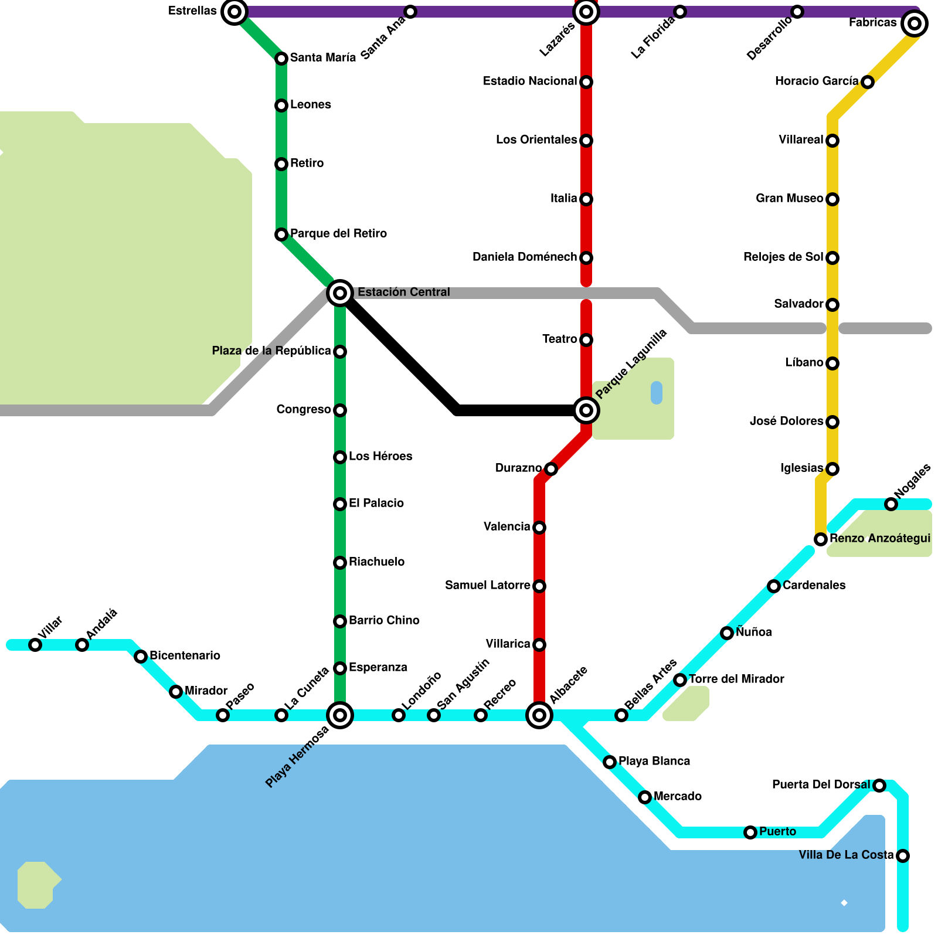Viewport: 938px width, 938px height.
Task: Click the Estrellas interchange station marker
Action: (x=234, y=12)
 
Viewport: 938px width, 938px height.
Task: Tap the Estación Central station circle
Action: (x=340, y=293)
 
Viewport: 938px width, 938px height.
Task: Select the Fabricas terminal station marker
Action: (x=914, y=23)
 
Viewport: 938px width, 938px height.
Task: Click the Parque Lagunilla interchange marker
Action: (x=586, y=410)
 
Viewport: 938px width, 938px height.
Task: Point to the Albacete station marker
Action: (x=539, y=715)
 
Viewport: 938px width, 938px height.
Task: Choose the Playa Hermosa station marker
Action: (x=340, y=715)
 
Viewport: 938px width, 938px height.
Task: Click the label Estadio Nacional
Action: (x=530, y=81)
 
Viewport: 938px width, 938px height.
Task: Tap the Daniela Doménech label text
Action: (x=525, y=257)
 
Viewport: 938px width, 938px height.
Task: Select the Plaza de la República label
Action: (x=271, y=351)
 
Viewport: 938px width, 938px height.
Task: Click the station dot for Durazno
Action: (x=550, y=468)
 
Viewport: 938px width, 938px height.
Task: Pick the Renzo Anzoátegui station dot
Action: (x=821, y=539)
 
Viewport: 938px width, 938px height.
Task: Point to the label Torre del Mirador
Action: (x=736, y=679)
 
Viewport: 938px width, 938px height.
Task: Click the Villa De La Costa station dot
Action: (x=903, y=856)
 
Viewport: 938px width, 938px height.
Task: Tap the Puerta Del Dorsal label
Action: (x=821, y=784)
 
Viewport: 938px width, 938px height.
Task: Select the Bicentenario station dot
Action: (x=141, y=657)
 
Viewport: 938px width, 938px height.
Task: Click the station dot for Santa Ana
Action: (x=410, y=12)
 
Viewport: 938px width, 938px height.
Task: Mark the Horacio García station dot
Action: (x=868, y=82)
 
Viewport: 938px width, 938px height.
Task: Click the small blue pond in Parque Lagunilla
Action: (x=657, y=393)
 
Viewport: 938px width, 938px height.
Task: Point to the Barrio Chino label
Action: (x=384, y=620)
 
